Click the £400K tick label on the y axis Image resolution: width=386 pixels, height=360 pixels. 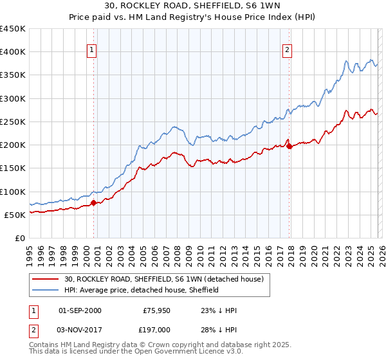click(x=13, y=52)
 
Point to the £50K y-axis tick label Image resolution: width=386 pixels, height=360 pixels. click(x=15, y=215)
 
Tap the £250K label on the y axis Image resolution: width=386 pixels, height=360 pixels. click(x=13, y=122)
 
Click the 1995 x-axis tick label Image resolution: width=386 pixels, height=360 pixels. click(x=30, y=251)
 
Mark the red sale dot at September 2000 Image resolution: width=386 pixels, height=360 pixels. click(x=93, y=203)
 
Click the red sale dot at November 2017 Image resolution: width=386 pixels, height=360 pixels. click(x=289, y=147)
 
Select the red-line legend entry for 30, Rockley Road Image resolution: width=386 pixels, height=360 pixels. click(x=163, y=279)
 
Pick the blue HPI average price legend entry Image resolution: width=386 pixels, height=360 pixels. click(x=142, y=290)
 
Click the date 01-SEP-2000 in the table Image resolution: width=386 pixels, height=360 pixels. click(x=80, y=310)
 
